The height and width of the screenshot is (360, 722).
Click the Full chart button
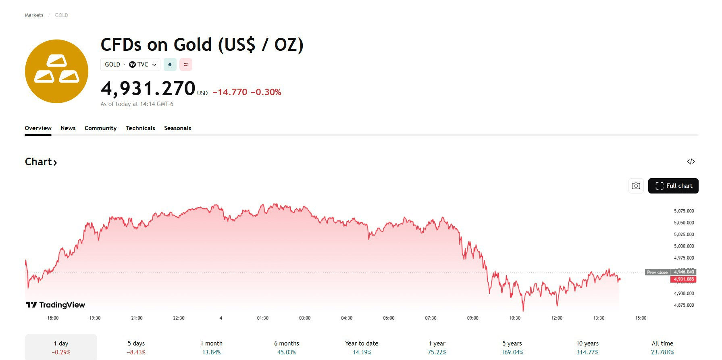pyautogui.click(x=673, y=186)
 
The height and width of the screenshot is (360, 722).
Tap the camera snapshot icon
pyautogui.click(x=636, y=186)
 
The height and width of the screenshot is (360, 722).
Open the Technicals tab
pyautogui.click(x=140, y=128)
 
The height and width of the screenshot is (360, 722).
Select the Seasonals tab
pyautogui.click(x=177, y=128)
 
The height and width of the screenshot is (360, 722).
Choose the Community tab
pyautogui.click(x=100, y=128)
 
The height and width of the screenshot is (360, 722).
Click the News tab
pyautogui.click(x=68, y=128)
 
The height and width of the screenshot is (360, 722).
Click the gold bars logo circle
pyautogui.click(x=56, y=71)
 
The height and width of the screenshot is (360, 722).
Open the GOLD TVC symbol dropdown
pyautogui.click(x=130, y=65)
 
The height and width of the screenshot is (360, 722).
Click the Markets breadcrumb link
pyautogui.click(x=34, y=15)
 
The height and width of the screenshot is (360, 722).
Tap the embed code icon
pyautogui.click(x=691, y=162)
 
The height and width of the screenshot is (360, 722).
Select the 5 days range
pyautogui.click(x=136, y=348)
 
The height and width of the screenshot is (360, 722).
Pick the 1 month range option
pyautogui.click(x=211, y=348)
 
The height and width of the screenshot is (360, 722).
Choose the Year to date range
pyautogui.click(x=362, y=348)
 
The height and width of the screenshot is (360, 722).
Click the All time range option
pyautogui.click(x=662, y=348)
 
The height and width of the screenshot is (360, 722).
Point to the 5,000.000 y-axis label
pyautogui.click(x=684, y=246)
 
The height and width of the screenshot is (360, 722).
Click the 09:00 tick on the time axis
pyautogui.click(x=472, y=318)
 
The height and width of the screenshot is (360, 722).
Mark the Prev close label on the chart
pyautogui.click(x=657, y=272)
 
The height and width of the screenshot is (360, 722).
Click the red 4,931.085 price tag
pyautogui.click(x=684, y=279)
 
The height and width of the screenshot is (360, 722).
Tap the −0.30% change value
pyautogui.click(x=266, y=92)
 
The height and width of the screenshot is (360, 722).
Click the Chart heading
pyautogui.click(x=41, y=162)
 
